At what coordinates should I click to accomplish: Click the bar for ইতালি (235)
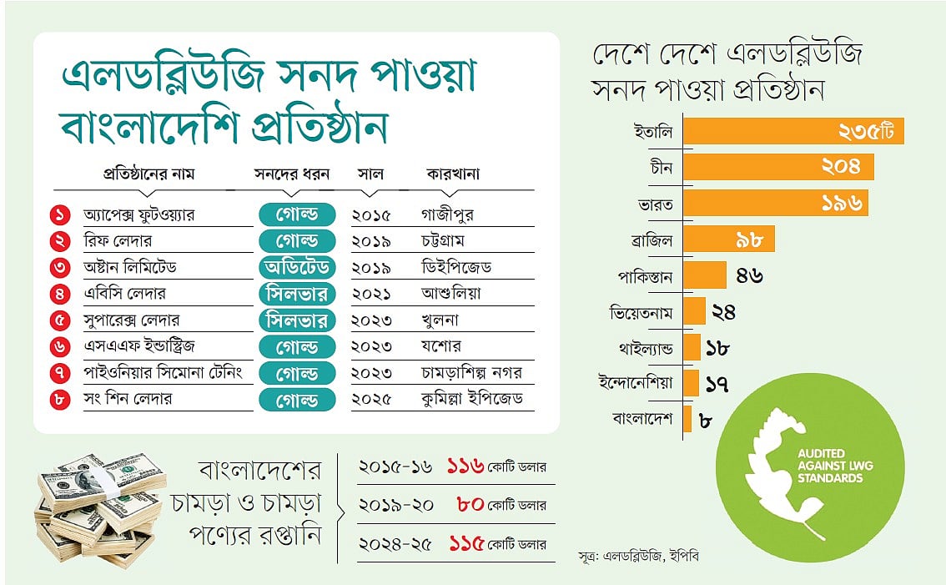click(x=797, y=132)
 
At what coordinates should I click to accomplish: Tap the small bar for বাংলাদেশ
click(x=688, y=419)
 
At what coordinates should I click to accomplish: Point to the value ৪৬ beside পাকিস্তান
click(x=749, y=275)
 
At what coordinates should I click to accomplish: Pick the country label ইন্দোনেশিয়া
click(x=636, y=383)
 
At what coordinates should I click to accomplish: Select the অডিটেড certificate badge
click(x=296, y=267)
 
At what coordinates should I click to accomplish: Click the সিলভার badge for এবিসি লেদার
click(x=296, y=294)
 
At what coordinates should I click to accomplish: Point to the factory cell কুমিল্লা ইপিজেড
click(x=472, y=398)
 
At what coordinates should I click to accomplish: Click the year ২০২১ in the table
click(x=375, y=294)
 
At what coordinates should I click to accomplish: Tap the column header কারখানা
click(x=453, y=174)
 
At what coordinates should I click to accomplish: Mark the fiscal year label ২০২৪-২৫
click(x=395, y=543)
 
